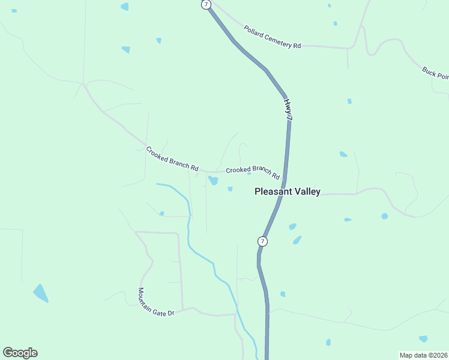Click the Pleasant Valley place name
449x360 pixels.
pyautogui.click(x=288, y=192)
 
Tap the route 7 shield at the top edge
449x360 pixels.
pyautogui.click(x=206, y=4)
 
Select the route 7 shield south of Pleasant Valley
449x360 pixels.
pyautogui.click(x=262, y=241)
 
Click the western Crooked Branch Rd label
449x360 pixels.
pyautogui.click(x=172, y=158)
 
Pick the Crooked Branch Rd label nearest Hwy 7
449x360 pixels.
pyautogui.click(x=253, y=172)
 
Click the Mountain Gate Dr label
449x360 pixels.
pyautogui.click(x=155, y=303)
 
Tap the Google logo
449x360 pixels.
pyautogui.click(x=20, y=353)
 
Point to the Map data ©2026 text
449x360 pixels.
pyautogui.click(x=423, y=355)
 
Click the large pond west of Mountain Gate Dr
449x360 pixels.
pyautogui.click(x=41, y=293)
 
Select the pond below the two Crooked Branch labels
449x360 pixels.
pyautogui.click(x=213, y=180)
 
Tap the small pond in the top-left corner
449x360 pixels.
pyautogui.click(x=14, y=11)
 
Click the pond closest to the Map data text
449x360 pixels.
pyautogui.click(x=423, y=338)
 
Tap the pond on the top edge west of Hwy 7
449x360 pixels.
pyautogui.click(x=125, y=7)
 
